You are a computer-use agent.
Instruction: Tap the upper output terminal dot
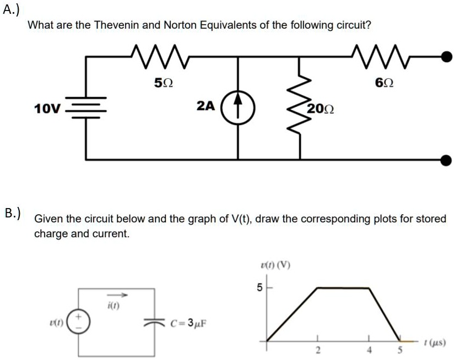coord(446,55)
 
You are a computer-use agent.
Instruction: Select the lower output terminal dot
coord(446,160)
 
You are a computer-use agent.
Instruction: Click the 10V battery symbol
coord(86,107)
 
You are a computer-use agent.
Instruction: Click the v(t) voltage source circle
coord(77,321)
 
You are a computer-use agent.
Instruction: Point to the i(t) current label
coord(112,303)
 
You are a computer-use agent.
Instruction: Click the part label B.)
coord(12,212)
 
